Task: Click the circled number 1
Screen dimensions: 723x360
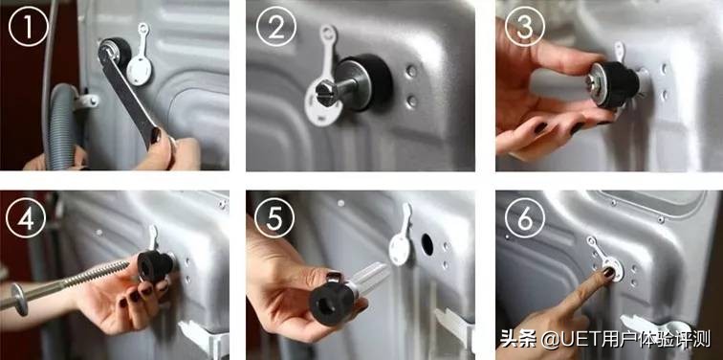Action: pos(28,27)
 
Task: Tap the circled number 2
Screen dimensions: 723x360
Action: pos(275,27)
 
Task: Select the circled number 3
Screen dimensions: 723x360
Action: pos(525,27)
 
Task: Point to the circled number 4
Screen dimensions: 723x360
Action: pos(26,218)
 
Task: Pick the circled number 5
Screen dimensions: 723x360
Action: pos(274,218)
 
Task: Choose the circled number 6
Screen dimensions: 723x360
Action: pos(525,218)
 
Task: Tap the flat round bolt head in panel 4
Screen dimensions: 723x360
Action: pos(19,299)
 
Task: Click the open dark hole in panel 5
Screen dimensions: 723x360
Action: pos(427,244)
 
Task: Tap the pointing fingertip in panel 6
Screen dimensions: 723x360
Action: pos(608,272)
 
